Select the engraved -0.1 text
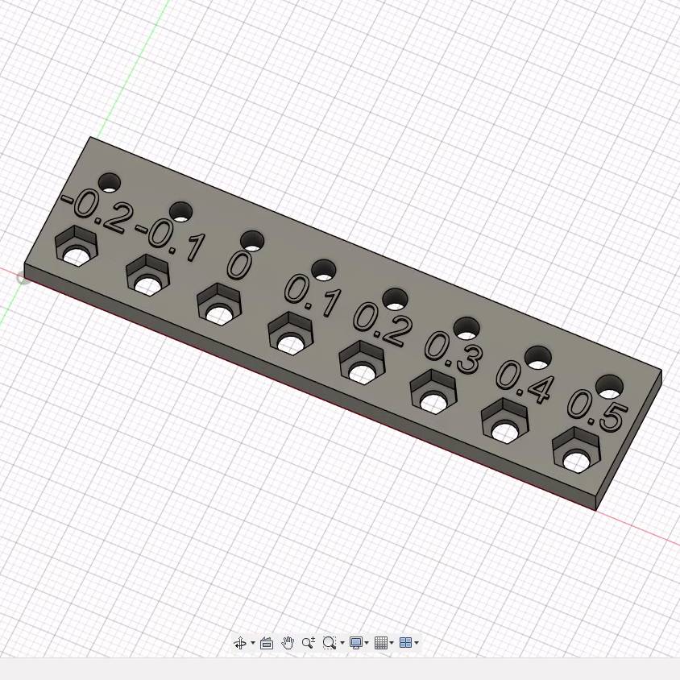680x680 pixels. point(170,241)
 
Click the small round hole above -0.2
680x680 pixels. point(110,183)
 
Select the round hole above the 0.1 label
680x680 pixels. point(324,270)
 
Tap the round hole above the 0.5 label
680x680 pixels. point(609,387)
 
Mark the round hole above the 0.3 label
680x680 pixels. point(466,328)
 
